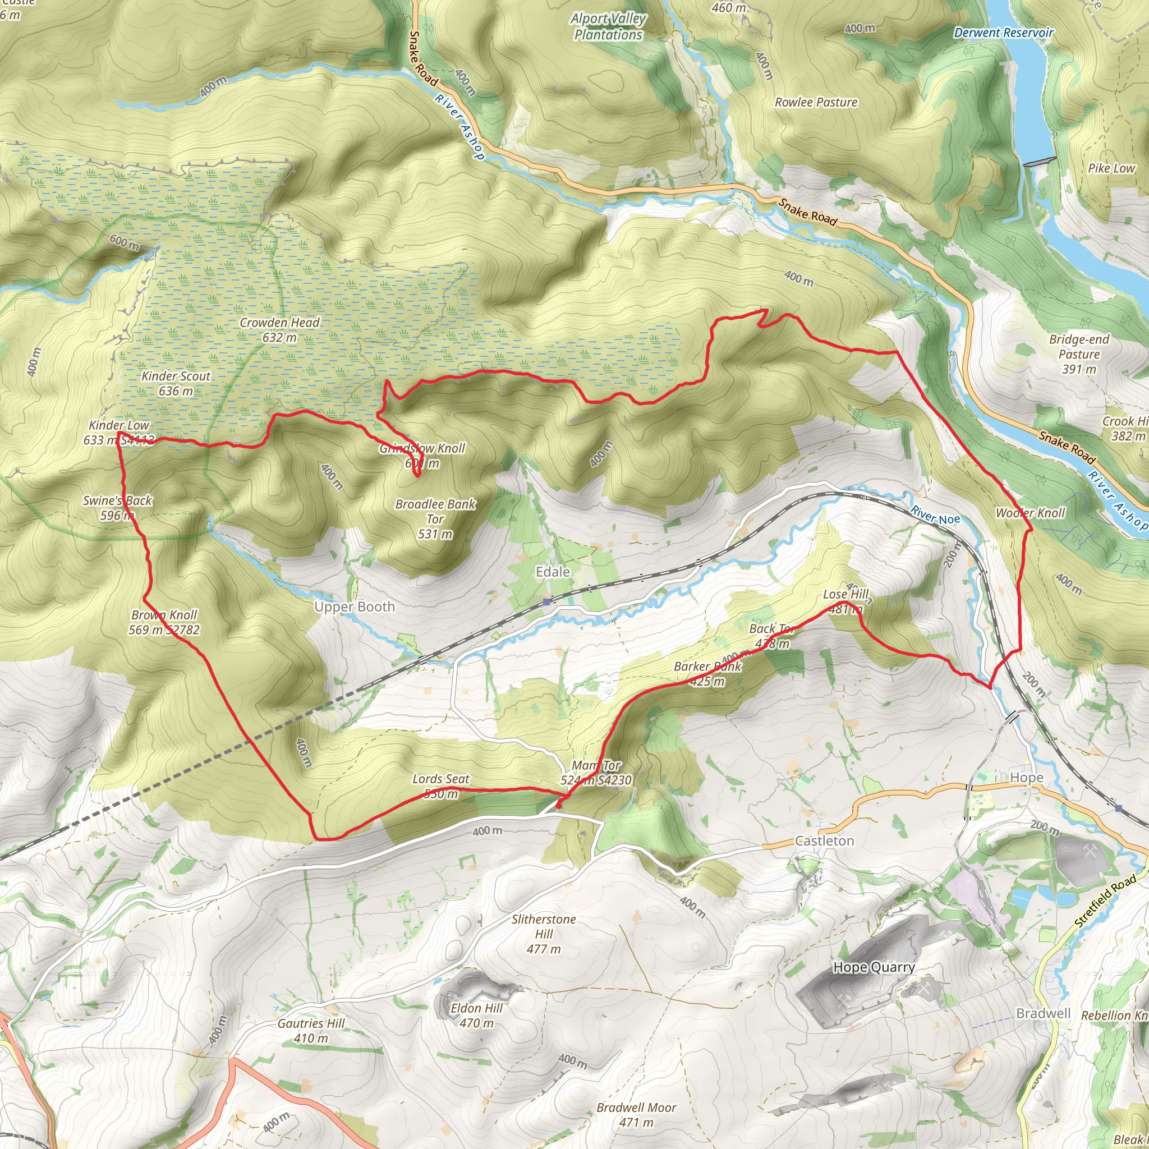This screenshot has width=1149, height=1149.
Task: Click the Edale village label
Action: click(x=553, y=572)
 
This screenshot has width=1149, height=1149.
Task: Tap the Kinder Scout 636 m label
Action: click(x=176, y=383)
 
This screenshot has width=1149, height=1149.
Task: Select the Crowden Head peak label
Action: click(x=279, y=329)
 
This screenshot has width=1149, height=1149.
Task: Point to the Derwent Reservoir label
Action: click(x=1003, y=33)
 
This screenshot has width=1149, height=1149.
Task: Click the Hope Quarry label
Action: click(x=874, y=967)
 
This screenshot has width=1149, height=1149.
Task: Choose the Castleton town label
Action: click(x=824, y=841)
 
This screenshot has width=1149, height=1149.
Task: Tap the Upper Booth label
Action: click(x=355, y=606)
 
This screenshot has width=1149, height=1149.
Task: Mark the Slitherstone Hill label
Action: click(x=544, y=934)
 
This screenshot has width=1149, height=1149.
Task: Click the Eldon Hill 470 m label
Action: click(x=476, y=1015)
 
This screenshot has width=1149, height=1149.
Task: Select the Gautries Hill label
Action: click(x=311, y=1031)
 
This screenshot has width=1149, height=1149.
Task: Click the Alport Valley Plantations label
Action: click(x=608, y=27)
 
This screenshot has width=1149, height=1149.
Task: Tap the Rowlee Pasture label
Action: click(x=816, y=102)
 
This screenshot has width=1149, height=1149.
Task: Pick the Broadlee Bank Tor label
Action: click(x=435, y=518)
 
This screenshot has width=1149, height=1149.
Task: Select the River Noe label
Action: click(x=935, y=515)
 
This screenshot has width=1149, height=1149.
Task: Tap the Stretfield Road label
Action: click(x=1105, y=901)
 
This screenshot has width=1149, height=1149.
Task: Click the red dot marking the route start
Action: click(x=558, y=806)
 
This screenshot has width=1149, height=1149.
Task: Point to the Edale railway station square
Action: click(x=546, y=602)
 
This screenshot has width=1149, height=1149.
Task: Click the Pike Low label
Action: click(x=1111, y=168)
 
